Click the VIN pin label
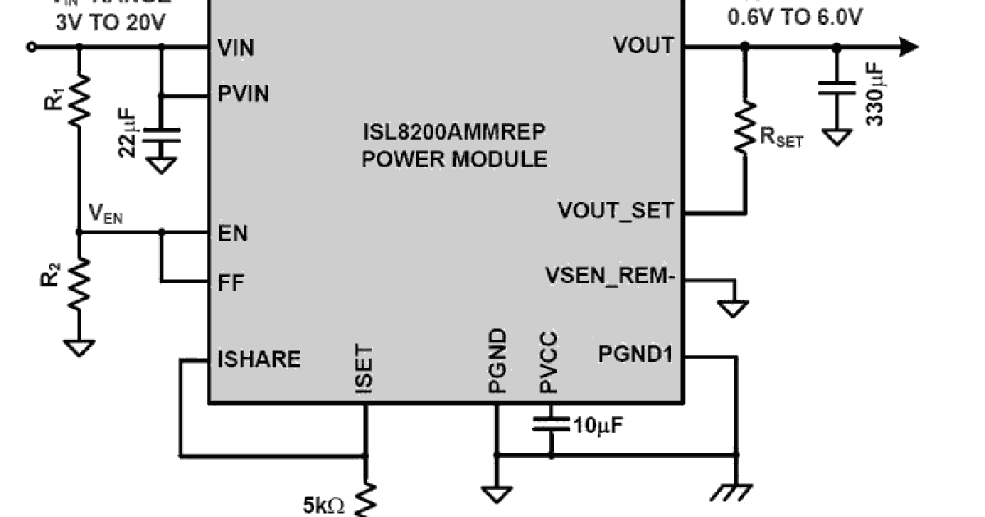[x=236, y=48]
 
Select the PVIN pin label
[x=244, y=94]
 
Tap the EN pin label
[x=233, y=234]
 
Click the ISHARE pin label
[x=259, y=359]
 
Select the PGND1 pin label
[x=635, y=355]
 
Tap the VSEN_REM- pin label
[x=609, y=277]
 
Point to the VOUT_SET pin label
[x=616, y=211]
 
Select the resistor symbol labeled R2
[x=80, y=283]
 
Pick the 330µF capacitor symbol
[x=836, y=89]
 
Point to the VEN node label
[x=106, y=215]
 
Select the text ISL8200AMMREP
[x=455, y=131]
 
